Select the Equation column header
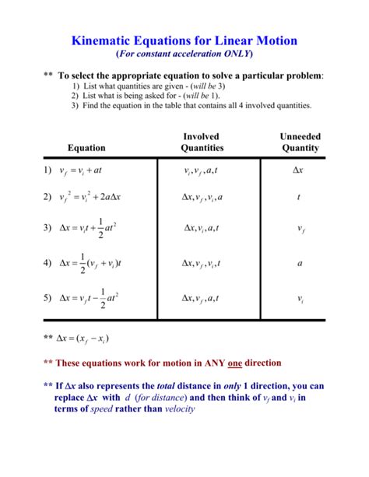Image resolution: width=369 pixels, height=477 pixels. [x=86, y=147]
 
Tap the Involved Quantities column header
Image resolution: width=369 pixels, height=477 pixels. [x=202, y=142]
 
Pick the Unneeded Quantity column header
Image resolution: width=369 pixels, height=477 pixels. [x=300, y=142]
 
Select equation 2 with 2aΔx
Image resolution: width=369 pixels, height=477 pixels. [x=90, y=197]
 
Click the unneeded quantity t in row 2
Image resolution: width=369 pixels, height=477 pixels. [x=299, y=197]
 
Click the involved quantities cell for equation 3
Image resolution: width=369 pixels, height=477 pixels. [x=202, y=229]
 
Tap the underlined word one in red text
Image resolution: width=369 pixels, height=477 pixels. [x=235, y=363]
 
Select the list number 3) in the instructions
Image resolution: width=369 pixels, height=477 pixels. [x=75, y=105]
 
